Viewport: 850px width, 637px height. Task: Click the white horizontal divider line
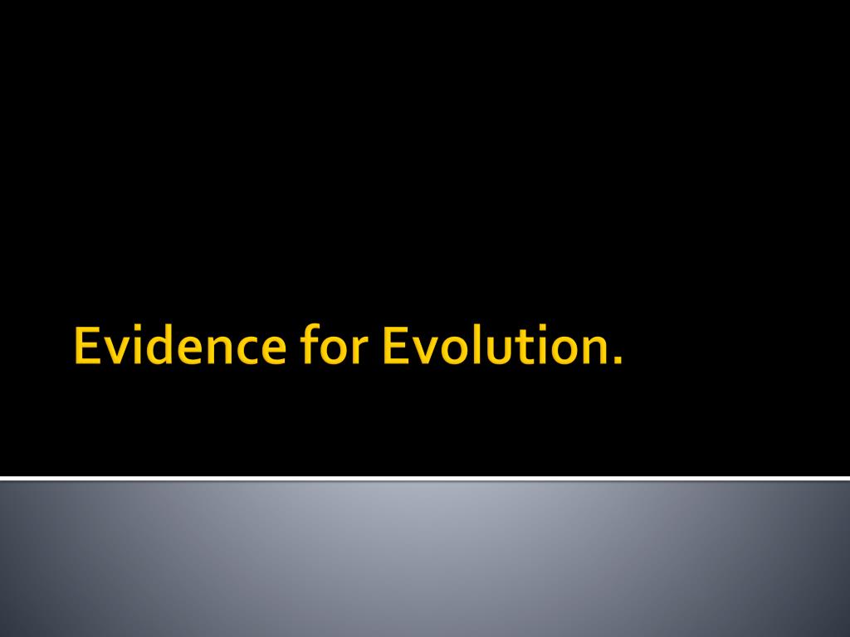click(425, 479)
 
